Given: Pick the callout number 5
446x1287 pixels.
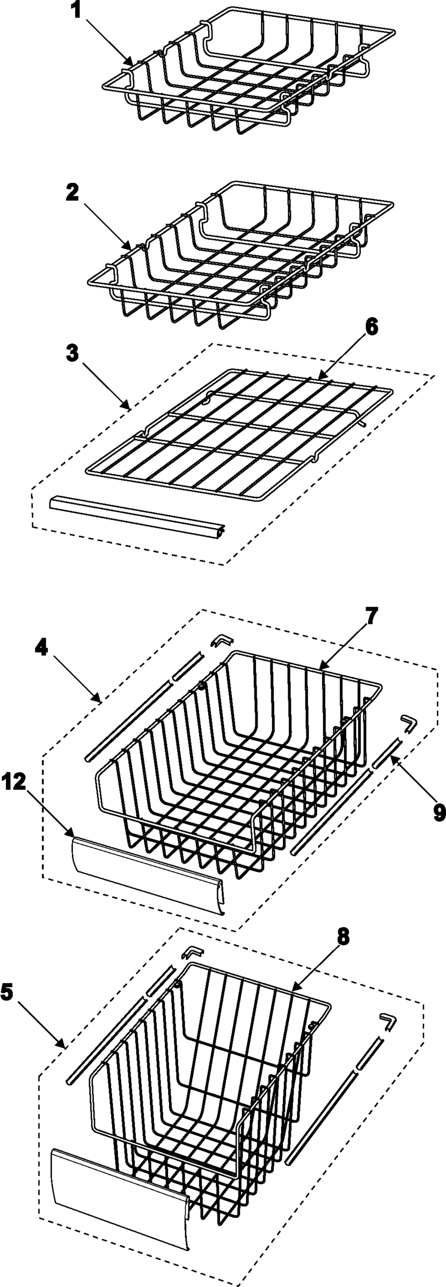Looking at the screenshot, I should [x=7, y=993].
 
